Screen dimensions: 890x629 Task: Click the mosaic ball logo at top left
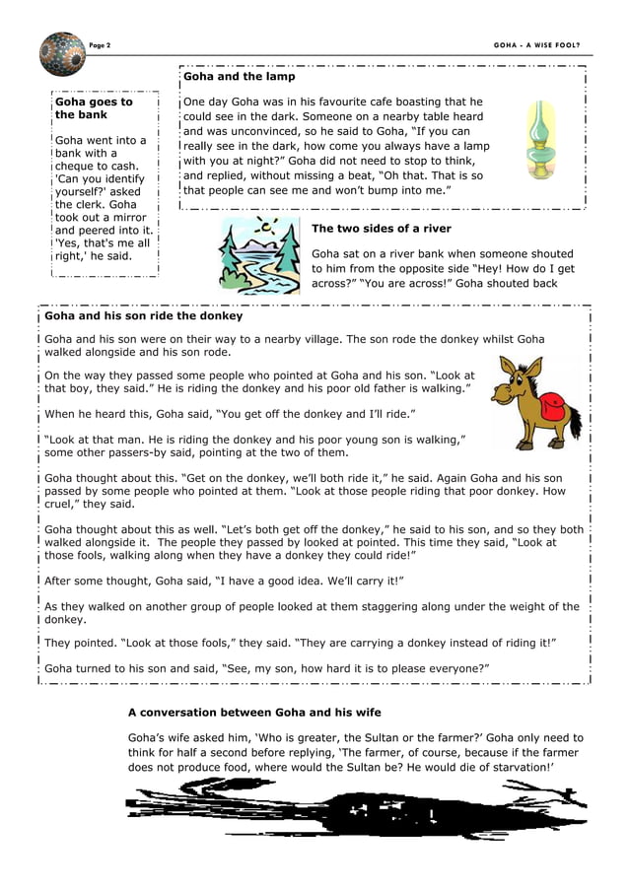(x=63, y=53)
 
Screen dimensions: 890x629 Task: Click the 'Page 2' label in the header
(x=100, y=45)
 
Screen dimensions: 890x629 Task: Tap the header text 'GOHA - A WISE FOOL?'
(x=536, y=45)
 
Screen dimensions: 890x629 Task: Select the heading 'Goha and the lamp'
(x=239, y=76)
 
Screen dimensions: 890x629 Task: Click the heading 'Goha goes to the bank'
(x=94, y=108)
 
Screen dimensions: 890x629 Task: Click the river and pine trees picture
(x=259, y=255)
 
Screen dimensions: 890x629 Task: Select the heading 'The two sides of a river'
(x=381, y=229)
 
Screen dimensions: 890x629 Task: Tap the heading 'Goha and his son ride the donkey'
(x=144, y=316)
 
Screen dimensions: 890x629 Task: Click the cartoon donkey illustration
(x=536, y=402)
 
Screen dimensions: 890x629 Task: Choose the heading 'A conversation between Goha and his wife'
(x=254, y=712)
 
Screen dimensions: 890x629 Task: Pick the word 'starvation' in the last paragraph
(x=519, y=767)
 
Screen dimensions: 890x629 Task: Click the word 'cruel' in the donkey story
(x=64, y=504)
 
